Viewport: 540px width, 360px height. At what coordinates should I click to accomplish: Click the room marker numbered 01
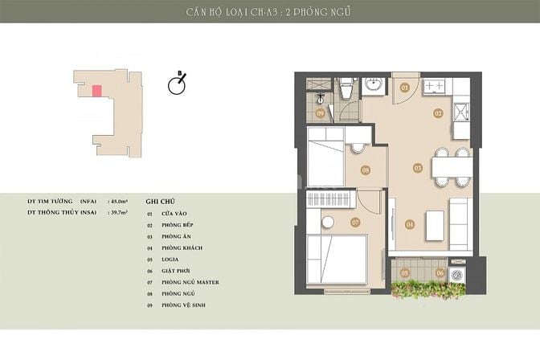405,87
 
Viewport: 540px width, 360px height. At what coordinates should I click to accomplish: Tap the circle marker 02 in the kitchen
439,113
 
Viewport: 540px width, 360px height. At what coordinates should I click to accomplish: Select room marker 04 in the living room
409,224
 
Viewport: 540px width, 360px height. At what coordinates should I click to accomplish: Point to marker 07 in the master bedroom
354,222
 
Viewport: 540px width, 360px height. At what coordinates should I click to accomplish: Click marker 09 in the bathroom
321,113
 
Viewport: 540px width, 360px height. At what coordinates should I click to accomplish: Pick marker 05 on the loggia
406,273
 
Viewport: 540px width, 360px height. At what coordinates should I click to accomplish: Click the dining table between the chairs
450,167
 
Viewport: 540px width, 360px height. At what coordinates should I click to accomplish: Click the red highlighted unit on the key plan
97,91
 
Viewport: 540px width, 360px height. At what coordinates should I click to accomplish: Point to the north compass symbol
178,84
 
